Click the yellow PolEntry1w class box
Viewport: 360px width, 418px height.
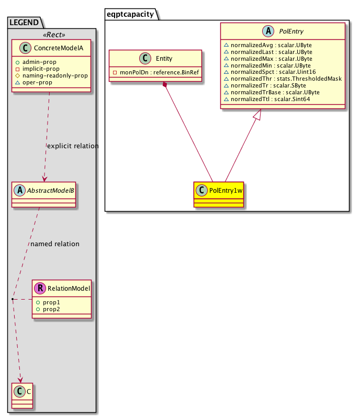(219, 195)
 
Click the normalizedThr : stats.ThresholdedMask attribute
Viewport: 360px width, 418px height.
(282, 79)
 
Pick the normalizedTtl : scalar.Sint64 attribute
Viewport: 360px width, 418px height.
(266, 99)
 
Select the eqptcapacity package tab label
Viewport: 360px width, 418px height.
(131, 14)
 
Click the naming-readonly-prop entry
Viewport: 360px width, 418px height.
(54, 75)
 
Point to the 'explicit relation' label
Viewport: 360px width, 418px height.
(72, 146)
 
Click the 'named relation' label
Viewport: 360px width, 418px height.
(55, 244)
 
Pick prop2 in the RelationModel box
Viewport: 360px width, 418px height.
(51, 310)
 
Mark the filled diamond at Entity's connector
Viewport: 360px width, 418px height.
(165, 85)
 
